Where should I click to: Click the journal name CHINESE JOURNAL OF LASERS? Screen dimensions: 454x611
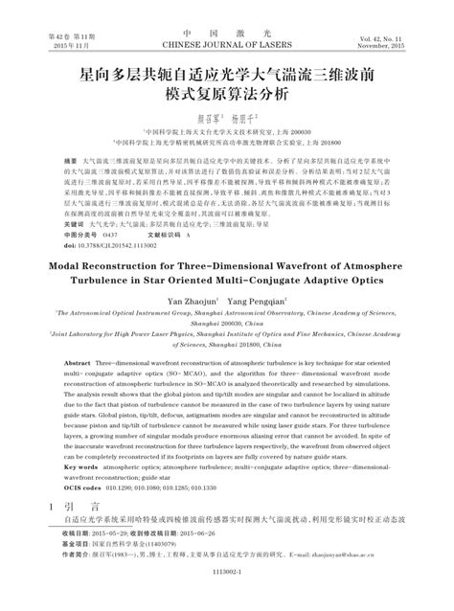[x=226, y=42]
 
